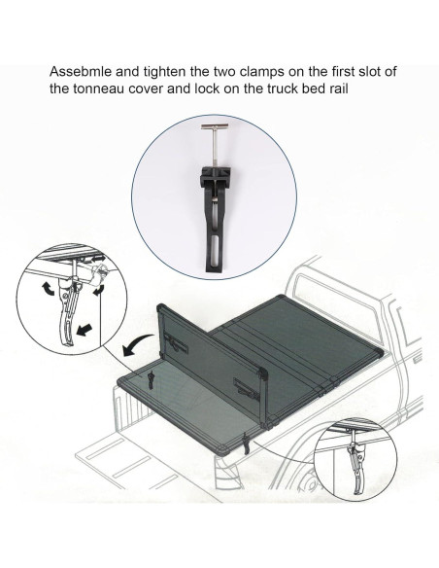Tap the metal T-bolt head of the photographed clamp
(x=219, y=129)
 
